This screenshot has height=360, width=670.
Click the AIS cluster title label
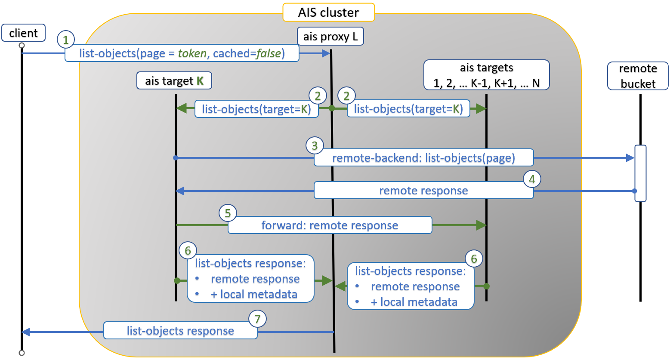pos(328,12)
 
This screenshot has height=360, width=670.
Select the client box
pos(23,33)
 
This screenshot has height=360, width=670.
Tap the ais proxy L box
pos(330,36)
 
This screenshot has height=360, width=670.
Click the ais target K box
pos(174,80)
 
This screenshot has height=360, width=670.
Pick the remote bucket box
pos(637,76)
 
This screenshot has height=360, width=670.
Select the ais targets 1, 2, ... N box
pos(486,75)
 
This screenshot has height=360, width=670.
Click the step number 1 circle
pos(66,40)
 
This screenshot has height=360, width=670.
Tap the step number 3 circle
pos(315,146)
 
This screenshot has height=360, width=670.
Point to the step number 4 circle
pos(532,179)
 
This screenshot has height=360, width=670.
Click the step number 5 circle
pos(228,213)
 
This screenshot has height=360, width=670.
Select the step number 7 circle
pos(257,319)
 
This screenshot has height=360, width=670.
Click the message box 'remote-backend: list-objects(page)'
pos(423,158)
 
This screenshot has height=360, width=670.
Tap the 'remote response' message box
pos(423,191)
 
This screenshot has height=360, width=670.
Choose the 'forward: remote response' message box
pos(330,225)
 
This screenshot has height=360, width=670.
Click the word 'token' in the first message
pos(192,53)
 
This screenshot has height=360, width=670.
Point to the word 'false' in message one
pos(269,53)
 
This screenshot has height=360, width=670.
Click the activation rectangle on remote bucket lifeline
pos(640,173)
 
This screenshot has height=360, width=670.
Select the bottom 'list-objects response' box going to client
pos(180,331)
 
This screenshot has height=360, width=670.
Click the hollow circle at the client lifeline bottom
pos(22,353)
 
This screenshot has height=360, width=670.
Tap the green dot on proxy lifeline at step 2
pos(332,108)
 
